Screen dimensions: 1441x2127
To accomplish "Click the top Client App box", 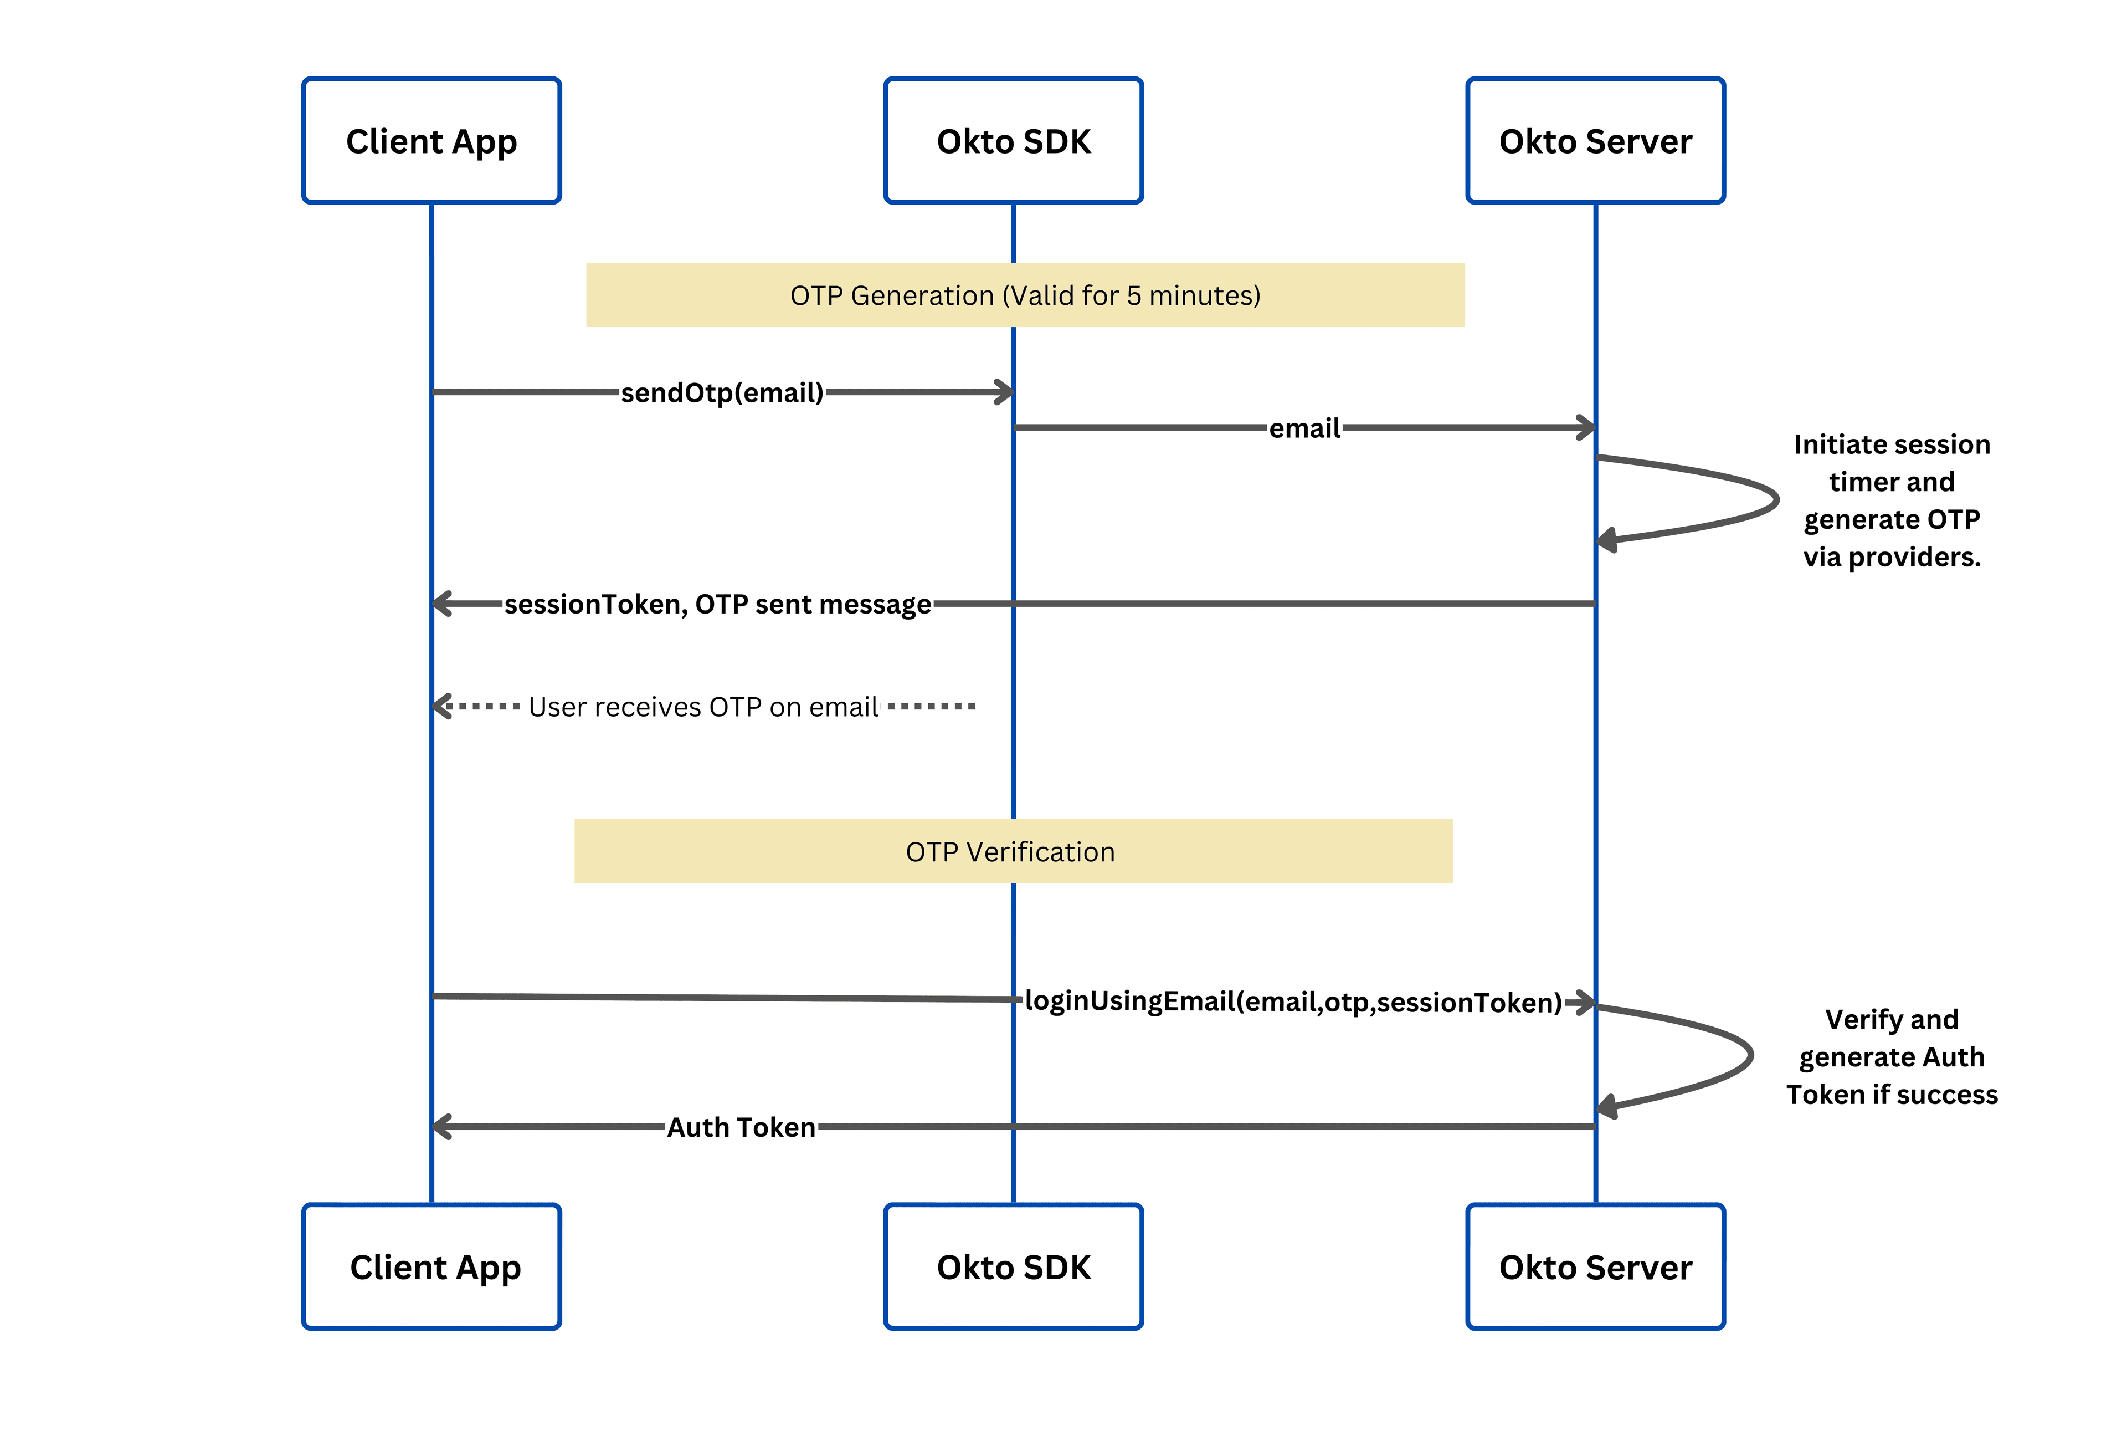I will coord(431,140).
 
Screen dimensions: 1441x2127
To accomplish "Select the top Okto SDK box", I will coord(1013,140).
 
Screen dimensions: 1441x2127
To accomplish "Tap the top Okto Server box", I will coord(1595,140).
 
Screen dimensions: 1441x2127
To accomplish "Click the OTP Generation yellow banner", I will coord(1025,295).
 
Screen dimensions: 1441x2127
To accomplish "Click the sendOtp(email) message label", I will coord(722,393).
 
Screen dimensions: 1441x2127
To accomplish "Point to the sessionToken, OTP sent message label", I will coord(717,604).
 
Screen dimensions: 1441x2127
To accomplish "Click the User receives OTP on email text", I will coord(703,707).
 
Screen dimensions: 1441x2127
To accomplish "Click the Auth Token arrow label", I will coord(741,1127).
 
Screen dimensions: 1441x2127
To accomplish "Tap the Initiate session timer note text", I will coord(1891,500).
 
